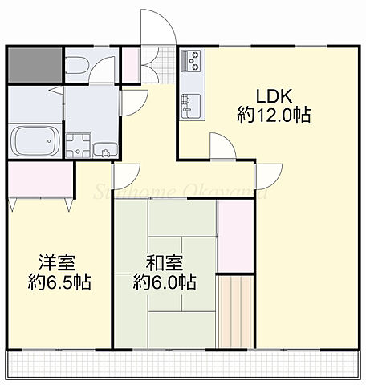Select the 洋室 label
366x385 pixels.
(x=55, y=262)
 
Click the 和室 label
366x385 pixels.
(x=163, y=262)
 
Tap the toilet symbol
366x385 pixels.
(x=79, y=66)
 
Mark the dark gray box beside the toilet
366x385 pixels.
(x=34, y=65)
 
